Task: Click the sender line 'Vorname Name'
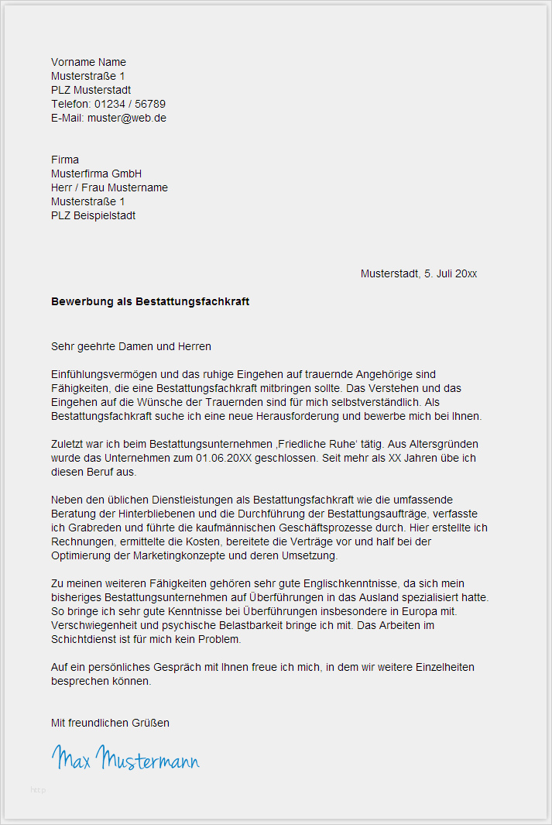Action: pyautogui.click(x=88, y=62)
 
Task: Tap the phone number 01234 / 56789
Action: pyautogui.click(x=130, y=104)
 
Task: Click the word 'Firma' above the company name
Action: pyautogui.click(x=65, y=160)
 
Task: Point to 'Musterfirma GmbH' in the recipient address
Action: pyautogui.click(x=96, y=174)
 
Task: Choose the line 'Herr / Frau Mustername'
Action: pyautogui.click(x=109, y=187)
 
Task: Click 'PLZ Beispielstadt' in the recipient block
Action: pyautogui.click(x=93, y=215)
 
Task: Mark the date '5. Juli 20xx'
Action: pyautogui.click(x=451, y=273)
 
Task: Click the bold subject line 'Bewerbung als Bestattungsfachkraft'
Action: pyautogui.click(x=150, y=301)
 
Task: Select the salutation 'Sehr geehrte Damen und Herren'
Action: pyautogui.click(x=131, y=346)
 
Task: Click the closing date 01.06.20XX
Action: pyautogui.click(x=222, y=458)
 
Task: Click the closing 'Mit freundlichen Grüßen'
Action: pyautogui.click(x=110, y=723)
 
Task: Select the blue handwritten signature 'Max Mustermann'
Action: pyautogui.click(x=125, y=758)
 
